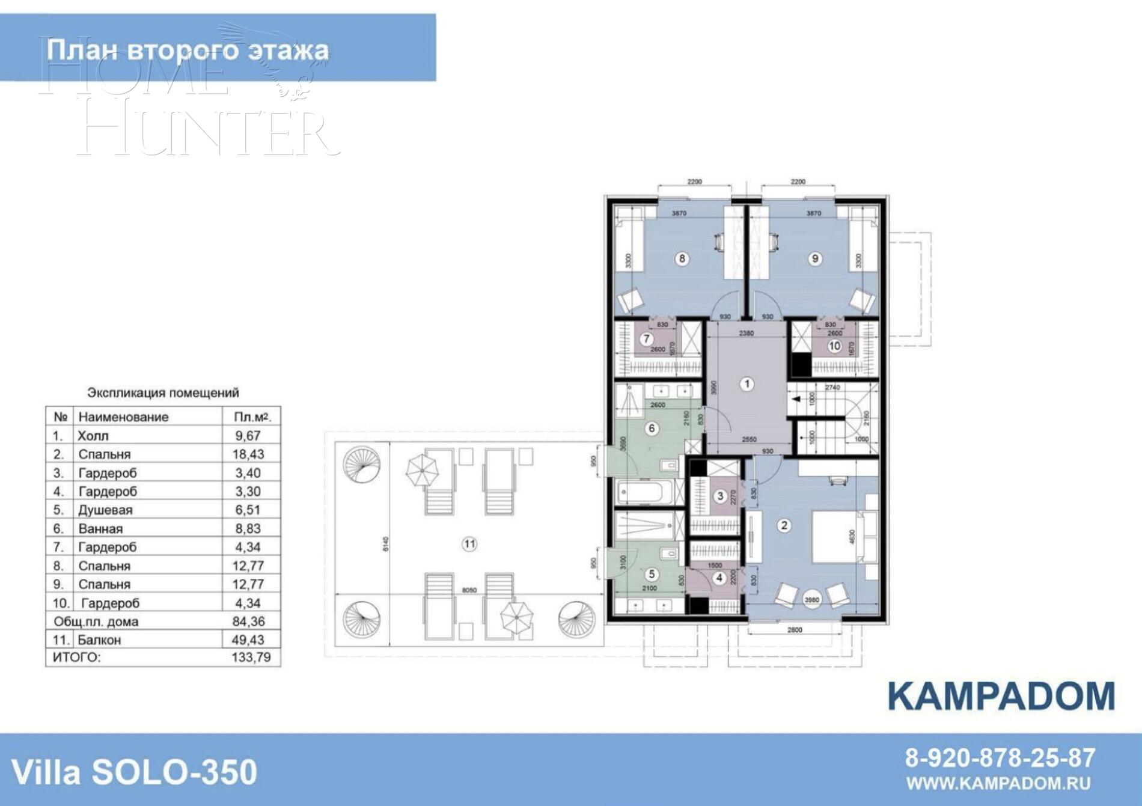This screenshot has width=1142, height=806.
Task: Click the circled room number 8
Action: point(682,258)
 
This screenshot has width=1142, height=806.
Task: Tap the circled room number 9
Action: point(815,258)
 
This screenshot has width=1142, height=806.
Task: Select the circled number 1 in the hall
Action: point(747,383)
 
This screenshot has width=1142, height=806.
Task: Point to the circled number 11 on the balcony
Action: point(469,545)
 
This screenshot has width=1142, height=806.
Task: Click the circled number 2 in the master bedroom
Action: point(783,525)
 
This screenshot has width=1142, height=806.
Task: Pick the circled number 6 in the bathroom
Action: point(651,429)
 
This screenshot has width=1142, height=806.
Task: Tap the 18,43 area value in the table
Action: point(248,454)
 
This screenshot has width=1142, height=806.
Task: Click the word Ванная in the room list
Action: point(100,529)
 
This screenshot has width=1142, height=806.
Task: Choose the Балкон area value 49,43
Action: point(248,640)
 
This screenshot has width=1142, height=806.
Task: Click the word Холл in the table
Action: point(93,436)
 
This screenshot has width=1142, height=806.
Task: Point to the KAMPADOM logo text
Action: point(1001,696)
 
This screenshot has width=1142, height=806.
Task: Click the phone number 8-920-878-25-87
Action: point(1000,758)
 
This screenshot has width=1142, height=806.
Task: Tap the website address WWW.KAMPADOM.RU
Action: point(998,783)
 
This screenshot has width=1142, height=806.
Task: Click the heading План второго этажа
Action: point(188,49)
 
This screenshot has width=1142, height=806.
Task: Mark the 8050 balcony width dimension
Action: point(469,590)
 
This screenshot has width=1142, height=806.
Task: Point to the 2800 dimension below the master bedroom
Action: point(795,630)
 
